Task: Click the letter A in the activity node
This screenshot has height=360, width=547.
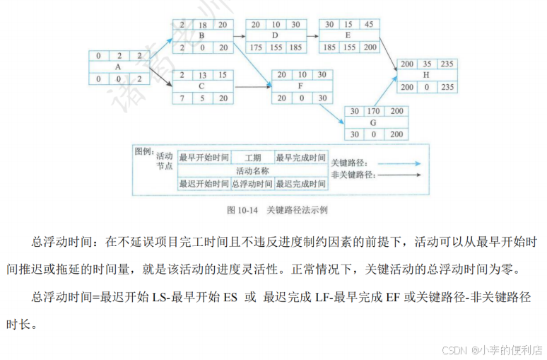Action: click(x=117, y=66)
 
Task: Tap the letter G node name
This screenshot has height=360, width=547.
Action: click(x=373, y=122)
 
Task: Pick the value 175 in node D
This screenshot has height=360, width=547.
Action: click(x=256, y=47)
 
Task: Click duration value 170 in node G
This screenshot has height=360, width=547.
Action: click(x=373, y=110)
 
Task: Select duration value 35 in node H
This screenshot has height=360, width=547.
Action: click(x=427, y=64)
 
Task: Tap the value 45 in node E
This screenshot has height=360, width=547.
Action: click(x=370, y=24)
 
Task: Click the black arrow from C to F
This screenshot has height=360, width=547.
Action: click(x=252, y=87)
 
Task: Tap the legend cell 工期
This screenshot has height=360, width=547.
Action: click(x=252, y=158)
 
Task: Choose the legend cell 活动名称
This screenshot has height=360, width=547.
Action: click(x=252, y=170)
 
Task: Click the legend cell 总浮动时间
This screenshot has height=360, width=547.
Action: click(x=252, y=184)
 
